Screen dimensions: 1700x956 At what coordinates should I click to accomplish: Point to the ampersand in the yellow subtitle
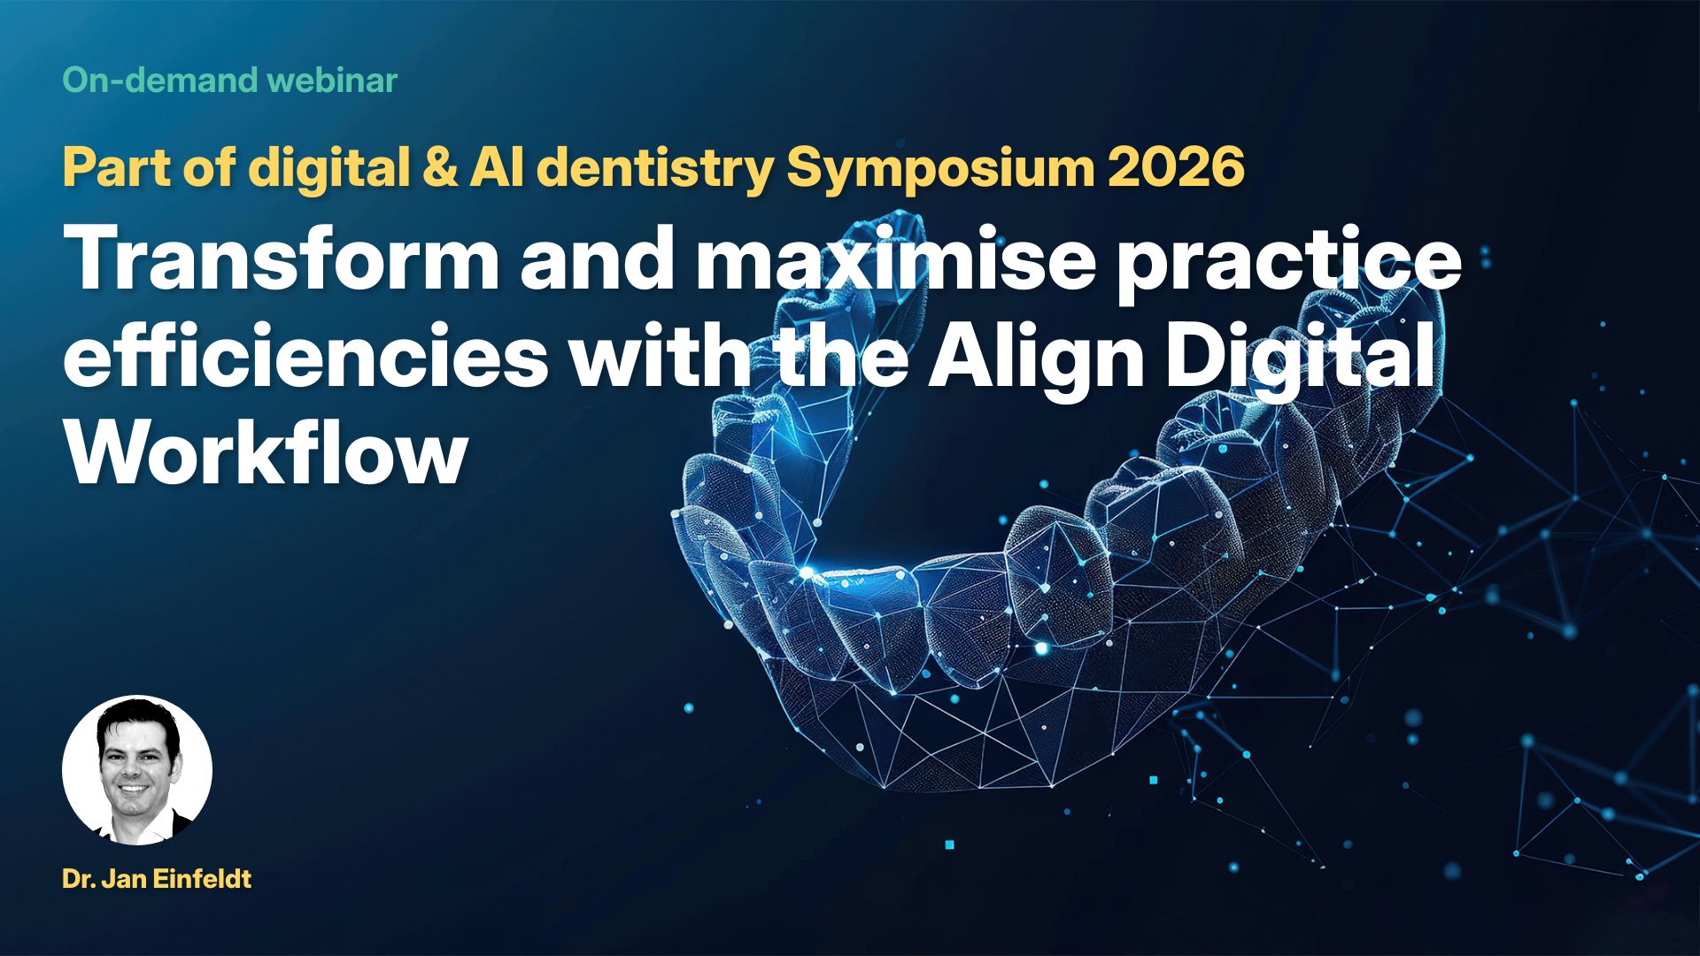(439, 167)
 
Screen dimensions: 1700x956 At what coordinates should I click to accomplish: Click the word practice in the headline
(1288, 266)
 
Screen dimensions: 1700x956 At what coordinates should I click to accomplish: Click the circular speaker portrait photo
(137, 770)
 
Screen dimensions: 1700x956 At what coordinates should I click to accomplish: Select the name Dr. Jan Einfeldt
(158, 879)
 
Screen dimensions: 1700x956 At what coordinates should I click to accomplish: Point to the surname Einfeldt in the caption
(203, 879)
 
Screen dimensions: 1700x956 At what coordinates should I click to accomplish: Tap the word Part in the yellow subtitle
(117, 167)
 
